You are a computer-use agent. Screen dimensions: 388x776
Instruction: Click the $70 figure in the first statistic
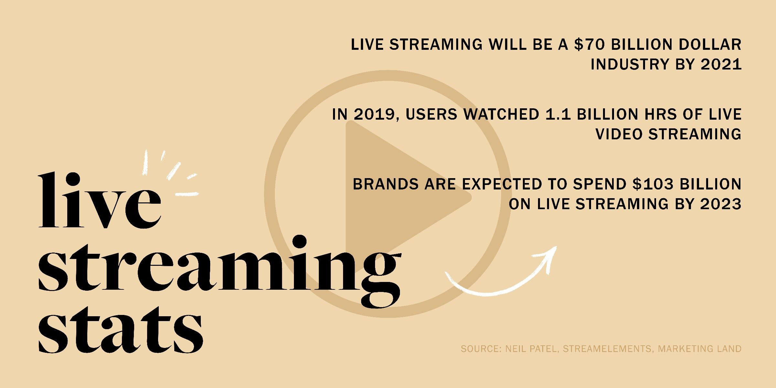coord(589,45)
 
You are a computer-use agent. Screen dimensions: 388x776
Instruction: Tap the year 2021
coord(721,64)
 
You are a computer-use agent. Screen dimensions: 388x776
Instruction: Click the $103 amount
coord(653,184)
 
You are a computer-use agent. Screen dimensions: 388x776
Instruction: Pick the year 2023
coord(721,204)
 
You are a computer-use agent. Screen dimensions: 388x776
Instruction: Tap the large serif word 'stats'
coord(120,330)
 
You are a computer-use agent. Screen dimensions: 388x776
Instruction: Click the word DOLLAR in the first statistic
coord(710,45)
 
